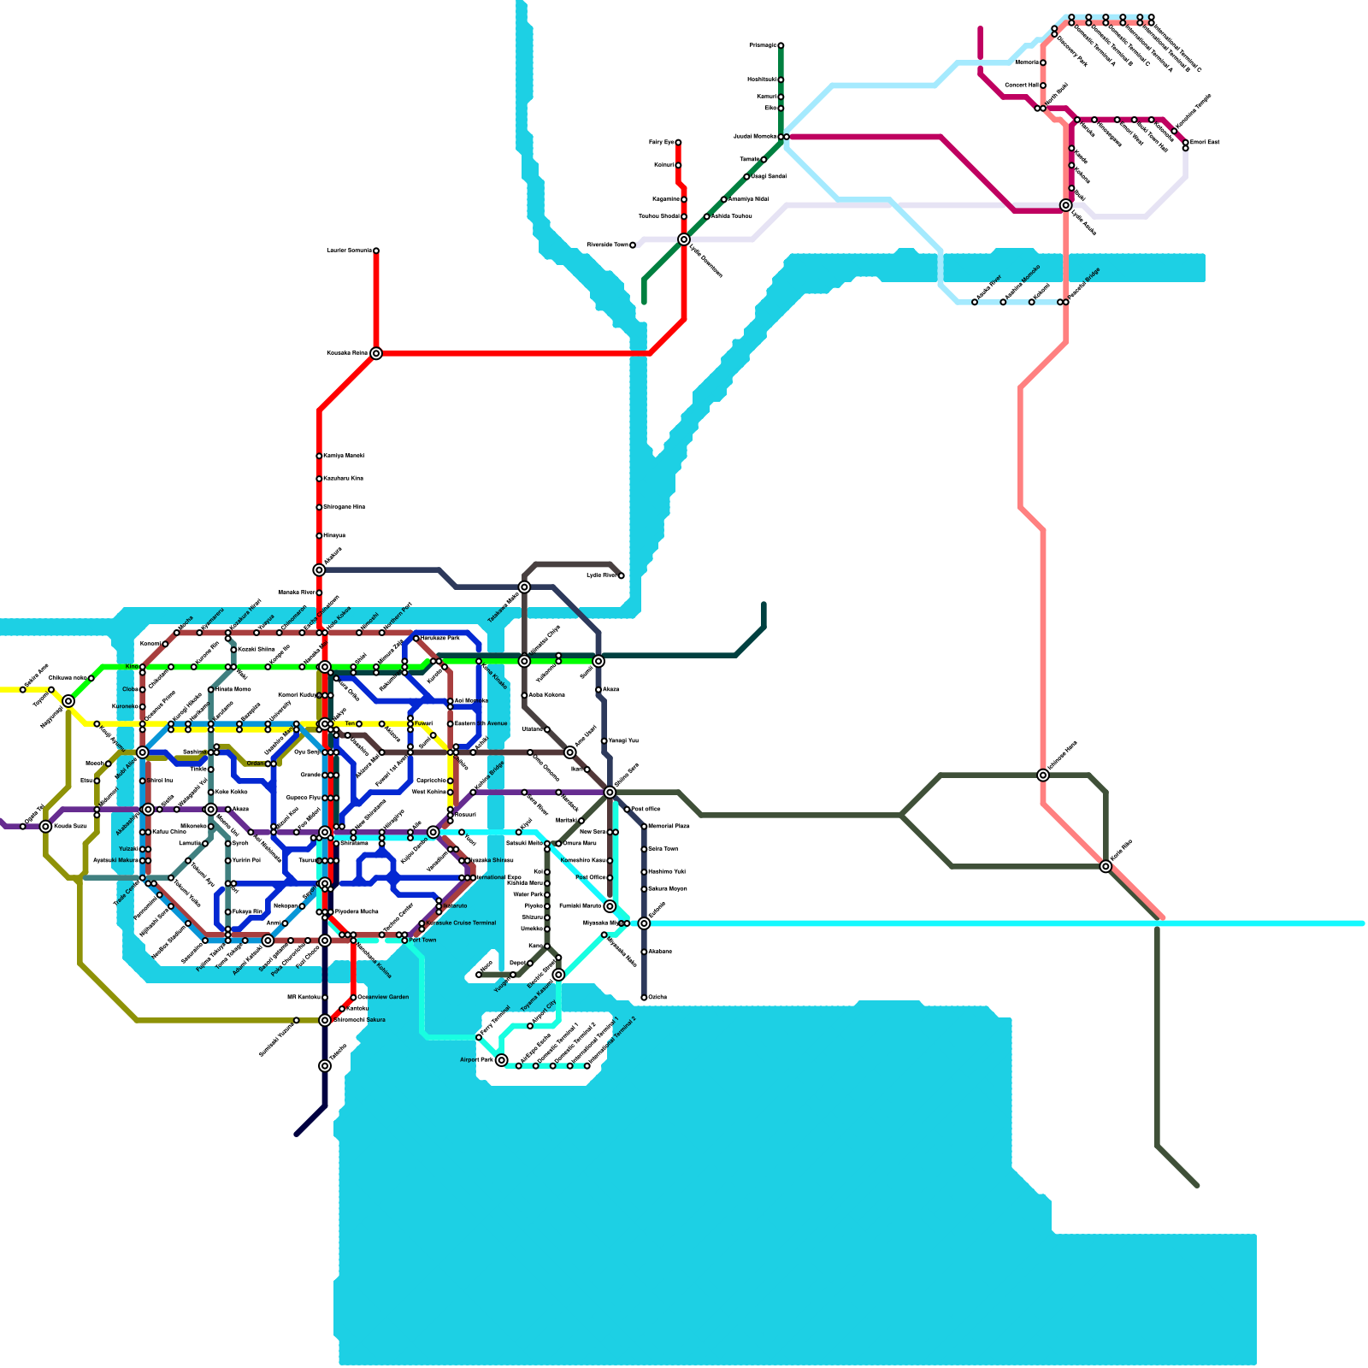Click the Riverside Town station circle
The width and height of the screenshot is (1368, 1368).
pos(633,245)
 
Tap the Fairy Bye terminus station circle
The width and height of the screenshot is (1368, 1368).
pos(678,143)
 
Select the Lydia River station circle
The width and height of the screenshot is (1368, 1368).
pos(621,576)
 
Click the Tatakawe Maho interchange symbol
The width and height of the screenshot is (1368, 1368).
pos(524,587)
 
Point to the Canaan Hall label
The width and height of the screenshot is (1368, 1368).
pos(1021,85)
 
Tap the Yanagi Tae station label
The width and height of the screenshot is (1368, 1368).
pos(623,741)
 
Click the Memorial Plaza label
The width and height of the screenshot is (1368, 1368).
pos(669,826)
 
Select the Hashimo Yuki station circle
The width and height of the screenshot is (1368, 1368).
pos(644,872)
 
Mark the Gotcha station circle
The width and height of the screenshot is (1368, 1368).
pos(644,998)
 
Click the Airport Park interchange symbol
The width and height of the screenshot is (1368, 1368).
pos(502,1060)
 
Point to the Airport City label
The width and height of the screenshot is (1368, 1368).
pos(545,1011)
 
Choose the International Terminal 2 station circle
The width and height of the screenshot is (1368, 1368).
pos(587,1066)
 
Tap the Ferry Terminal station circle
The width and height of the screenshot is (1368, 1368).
pos(479,1037)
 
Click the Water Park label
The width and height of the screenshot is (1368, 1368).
pos(528,894)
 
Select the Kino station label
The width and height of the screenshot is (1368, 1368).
pos(132,667)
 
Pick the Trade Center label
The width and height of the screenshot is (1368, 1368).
pos(126,892)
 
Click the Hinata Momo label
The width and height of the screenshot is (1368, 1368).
pos(233,689)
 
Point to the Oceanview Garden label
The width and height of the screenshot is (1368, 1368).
pos(383,997)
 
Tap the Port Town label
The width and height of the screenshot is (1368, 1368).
pos(422,940)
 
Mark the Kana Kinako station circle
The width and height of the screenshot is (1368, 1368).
pos(479,662)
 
